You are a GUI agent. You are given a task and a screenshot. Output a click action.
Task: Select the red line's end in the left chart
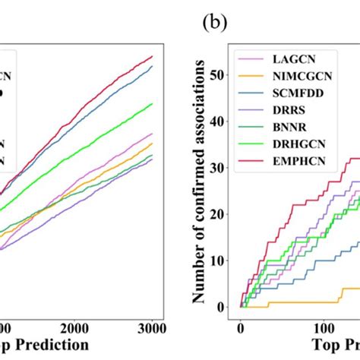(x=153, y=56)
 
